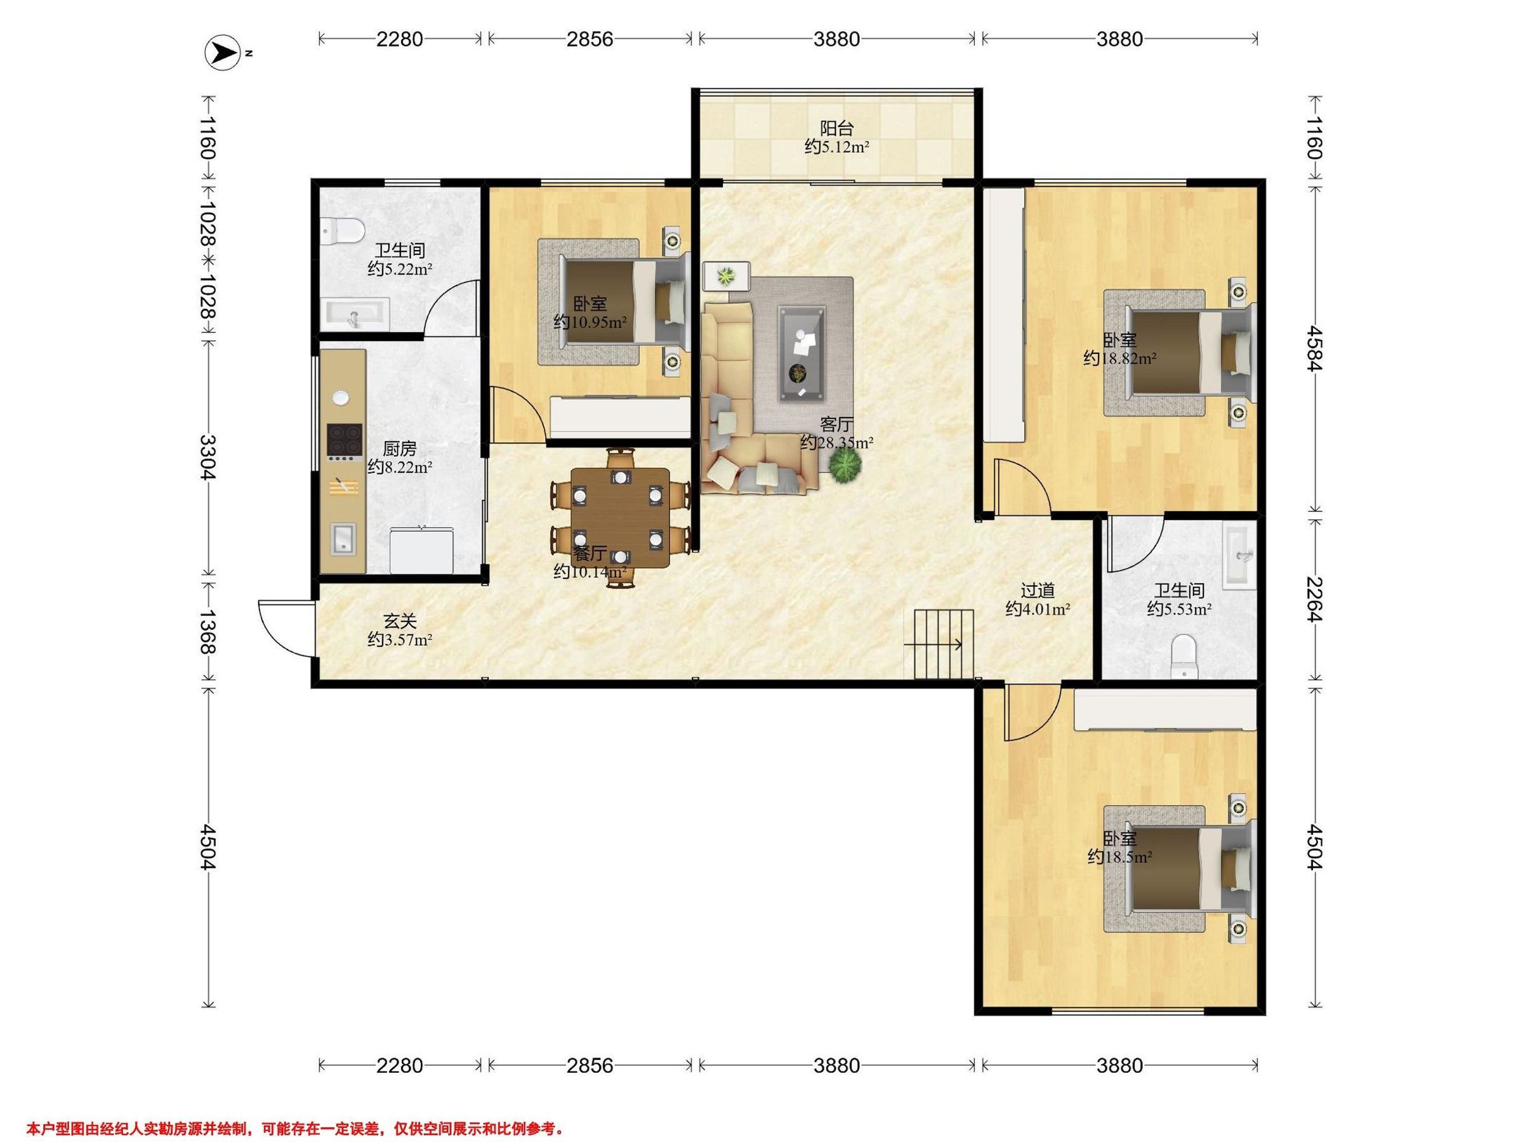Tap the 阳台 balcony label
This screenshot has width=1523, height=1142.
point(836,129)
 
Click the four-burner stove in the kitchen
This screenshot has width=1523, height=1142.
point(344,441)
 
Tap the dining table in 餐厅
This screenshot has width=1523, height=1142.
point(621,517)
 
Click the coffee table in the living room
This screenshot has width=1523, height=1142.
point(802,354)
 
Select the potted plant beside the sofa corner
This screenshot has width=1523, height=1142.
point(845,468)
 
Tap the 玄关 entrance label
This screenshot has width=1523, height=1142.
point(400,622)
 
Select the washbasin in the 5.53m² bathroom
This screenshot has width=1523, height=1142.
point(1240,556)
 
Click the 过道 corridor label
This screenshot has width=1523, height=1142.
point(1038,591)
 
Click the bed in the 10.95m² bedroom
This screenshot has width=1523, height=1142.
point(614,302)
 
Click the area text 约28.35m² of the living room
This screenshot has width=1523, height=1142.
point(836,443)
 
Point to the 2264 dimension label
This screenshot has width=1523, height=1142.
point(1314,599)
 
